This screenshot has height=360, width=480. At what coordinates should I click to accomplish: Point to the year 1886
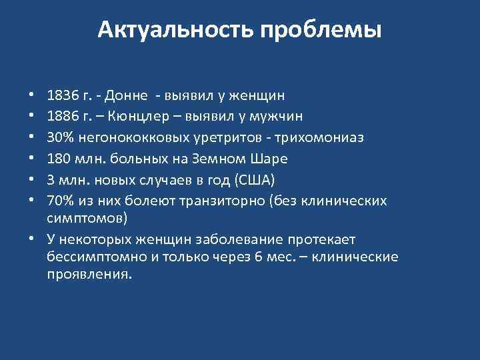point(63,117)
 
